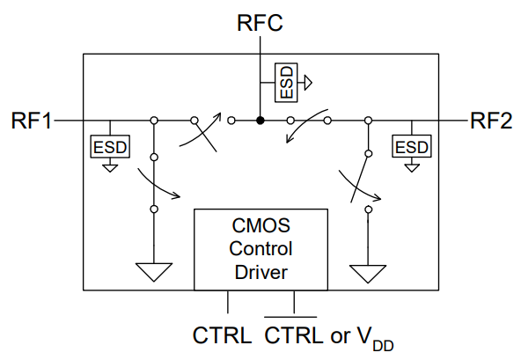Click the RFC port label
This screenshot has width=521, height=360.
(x=260, y=23)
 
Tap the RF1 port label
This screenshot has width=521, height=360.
(x=32, y=121)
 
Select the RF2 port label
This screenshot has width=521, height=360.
(x=491, y=121)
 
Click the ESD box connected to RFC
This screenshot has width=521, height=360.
(x=286, y=83)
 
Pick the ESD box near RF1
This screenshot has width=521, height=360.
(x=110, y=147)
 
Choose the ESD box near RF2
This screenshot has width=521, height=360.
(x=412, y=146)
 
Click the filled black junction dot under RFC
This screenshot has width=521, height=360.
(x=260, y=121)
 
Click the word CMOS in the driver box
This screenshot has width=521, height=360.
(x=260, y=225)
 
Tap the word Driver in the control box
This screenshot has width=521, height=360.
(x=260, y=272)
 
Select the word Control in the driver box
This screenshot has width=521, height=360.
(x=260, y=248)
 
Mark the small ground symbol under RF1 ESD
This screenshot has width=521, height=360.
(x=110, y=168)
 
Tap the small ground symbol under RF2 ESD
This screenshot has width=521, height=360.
(x=412, y=168)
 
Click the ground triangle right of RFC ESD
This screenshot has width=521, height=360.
(x=308, y=83)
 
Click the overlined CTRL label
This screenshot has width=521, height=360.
(x=294, y=335)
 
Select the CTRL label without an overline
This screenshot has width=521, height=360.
(x=222, y=335)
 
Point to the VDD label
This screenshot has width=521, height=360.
(x=376, y=338)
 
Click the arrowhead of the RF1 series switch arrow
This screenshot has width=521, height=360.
(x=217, y=116)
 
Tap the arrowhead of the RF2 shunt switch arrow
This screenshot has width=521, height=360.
(x=377, y=198)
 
